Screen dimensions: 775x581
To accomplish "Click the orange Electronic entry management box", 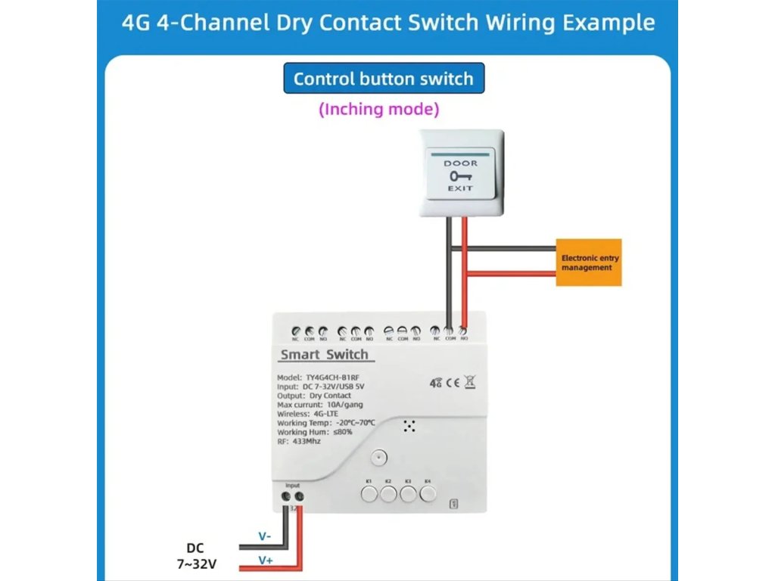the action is (589, 263).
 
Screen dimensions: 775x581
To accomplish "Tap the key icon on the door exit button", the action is (459, 175).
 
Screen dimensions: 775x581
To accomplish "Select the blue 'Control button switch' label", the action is (383, 79).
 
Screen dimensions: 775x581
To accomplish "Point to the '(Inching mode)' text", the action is (378, 109).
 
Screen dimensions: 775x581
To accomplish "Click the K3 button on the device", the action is (408, 494).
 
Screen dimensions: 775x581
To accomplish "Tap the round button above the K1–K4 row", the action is (379, 458).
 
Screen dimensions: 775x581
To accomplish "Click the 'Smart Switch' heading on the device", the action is (324, 355).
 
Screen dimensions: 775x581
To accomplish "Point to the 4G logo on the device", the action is (435, 383).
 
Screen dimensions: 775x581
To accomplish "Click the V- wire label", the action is (265, 536).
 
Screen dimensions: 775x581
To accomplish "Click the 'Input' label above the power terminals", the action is (292, 485).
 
